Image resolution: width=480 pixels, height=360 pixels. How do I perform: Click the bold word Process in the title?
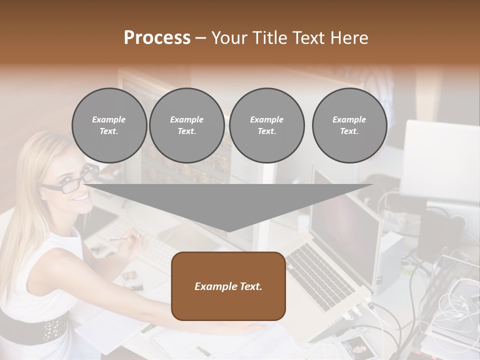pyautogui.click(x=157, y=38)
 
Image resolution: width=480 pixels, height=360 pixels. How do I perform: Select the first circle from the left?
pyautogui.click(x=109, y=125)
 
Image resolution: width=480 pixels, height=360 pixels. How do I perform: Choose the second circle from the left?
pyautogui.click(x=186, y=125)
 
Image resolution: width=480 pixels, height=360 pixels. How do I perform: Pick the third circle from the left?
pyautogui.click(x=266, y=125)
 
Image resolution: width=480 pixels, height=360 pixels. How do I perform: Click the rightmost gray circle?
pyautogui.click(x=349, y=125)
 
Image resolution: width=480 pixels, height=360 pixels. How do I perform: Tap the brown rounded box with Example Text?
pyautogui.click(x=228, y=286)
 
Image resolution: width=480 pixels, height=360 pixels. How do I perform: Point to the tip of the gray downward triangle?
pyautogui.click(x=228, y=230)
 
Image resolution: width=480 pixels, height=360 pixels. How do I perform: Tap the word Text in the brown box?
pyautogui.click(x=249, y=286)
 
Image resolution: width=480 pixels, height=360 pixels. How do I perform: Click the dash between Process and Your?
pyautogui.click(x=200, y=38)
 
